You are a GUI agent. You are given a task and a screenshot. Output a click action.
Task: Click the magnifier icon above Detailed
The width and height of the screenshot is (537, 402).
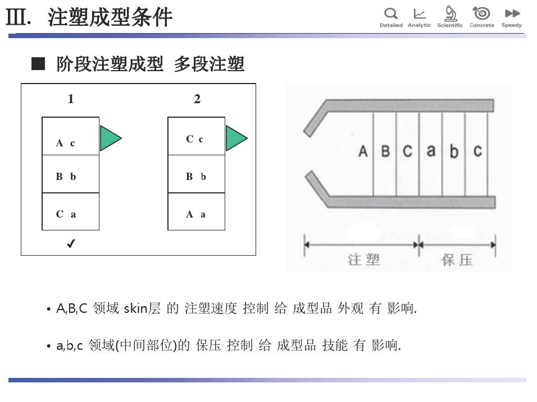pyautogui.click(x=391, y=13)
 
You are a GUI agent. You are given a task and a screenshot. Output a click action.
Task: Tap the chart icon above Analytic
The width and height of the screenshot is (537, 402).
pyautogui.click(x=419, y=13)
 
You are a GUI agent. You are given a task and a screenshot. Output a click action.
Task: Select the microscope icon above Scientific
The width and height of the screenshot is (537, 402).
pyautogui.click(x=450, y=13)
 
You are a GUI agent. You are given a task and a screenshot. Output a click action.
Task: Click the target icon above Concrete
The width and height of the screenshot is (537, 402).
pyautogui.click(x=481, y=13)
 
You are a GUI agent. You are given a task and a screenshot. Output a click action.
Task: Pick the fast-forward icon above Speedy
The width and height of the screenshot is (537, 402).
pyautogui.click(x=512, y=13)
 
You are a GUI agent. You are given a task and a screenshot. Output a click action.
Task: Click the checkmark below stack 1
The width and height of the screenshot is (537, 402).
pyautogui.click(x=71, y=243)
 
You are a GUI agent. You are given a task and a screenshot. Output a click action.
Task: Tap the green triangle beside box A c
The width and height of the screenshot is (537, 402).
pyautogui.click(x=110, y=138)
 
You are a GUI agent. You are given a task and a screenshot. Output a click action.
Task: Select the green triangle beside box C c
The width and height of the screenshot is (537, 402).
pyautogui.click(x=236, y=138)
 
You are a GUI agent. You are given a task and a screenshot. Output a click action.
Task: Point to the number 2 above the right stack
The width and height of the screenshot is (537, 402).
pyautogui.click(x=197, y=99)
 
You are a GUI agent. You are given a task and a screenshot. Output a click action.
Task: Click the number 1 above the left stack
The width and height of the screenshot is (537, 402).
pyautogui.click(x=71, y=99)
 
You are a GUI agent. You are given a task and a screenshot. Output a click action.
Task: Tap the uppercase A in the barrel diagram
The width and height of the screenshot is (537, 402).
pyautogui.click(x=363, y=151)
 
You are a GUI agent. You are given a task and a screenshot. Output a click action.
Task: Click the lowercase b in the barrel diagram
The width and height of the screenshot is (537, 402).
pyautogui.click(x=454, y=152)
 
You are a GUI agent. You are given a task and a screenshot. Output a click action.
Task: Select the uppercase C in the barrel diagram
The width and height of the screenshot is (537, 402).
pyautogui.click(x=408, y=151)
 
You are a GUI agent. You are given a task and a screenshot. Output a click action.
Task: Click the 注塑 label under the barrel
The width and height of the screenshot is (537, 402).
pyautogui.click(x=363, y=260)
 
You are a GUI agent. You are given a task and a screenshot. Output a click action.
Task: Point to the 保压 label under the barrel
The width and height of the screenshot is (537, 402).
pyautogui.click(x=457, y=260)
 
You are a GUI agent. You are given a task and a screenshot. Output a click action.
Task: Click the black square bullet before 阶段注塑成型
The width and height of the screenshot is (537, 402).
pyautogui.click(x=38, y=64)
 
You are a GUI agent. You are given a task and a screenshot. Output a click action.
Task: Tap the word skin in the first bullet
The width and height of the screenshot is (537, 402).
pyautogui.click(x=134, y=308)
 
